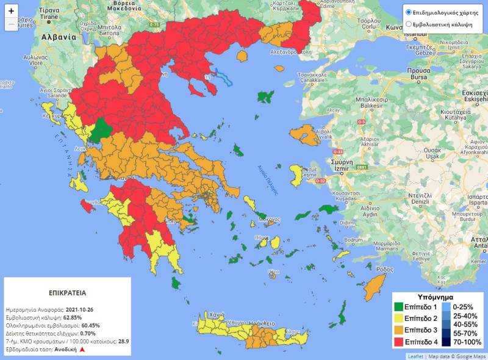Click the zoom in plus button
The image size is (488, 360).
pos(11,11)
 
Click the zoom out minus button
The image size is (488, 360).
pos(11,25)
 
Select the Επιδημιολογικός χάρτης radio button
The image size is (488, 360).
pos(409,12)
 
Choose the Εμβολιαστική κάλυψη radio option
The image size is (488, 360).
pos(409,24)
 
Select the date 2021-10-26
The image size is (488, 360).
pos(79,309)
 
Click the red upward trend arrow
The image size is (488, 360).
pos(81,350)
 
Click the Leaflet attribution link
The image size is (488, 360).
pos(415,356)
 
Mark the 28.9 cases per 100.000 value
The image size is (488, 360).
pos(124,342)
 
